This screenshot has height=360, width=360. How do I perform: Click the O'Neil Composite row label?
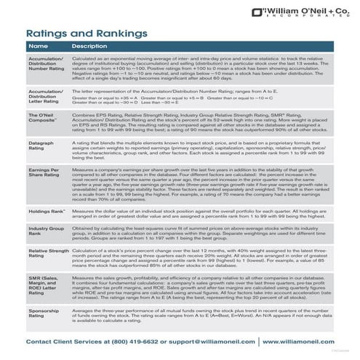pos(43,120)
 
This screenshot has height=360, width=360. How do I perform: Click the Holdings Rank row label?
pos(45,211)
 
